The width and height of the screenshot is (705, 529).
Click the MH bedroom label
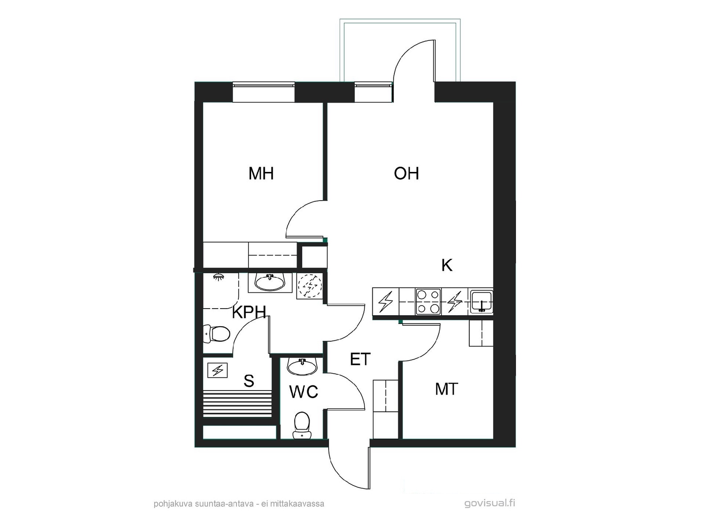click(261, 173)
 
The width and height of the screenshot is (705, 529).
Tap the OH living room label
click(406, 173)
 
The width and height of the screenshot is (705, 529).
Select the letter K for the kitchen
click(447, 265)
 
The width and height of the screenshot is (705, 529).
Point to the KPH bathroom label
click(249, 312)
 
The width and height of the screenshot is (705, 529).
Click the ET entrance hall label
click(360, 359)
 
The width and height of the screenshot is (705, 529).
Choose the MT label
click(446, 389)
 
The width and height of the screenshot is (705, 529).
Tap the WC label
click(304, 392)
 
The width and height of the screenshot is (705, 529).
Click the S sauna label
click(249, 380)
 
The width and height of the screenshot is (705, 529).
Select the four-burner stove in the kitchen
click(428, 302)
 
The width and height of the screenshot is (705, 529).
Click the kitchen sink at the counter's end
click(482, 301)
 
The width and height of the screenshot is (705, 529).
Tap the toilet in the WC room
click(301, 425)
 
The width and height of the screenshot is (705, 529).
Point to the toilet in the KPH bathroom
click(216, 334)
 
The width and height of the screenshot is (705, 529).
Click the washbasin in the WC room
click(302, 366)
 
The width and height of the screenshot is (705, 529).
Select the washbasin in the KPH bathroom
click(270, 282)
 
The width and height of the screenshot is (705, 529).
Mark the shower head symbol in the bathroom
click(219, 276)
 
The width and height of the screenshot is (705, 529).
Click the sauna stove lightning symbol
click(218, 370)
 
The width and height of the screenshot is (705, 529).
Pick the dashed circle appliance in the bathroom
click(310, 285)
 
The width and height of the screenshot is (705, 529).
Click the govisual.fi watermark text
click(490, 503)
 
